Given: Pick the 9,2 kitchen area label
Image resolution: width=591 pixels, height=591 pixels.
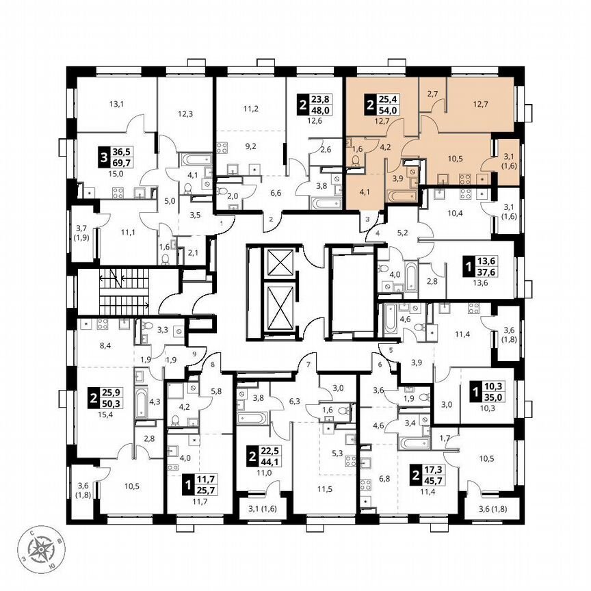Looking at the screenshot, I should pos(250,145).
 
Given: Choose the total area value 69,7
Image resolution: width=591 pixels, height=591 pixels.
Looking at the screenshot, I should pos(123,162).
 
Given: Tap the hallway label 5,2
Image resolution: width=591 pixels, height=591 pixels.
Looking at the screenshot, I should pos(403,233).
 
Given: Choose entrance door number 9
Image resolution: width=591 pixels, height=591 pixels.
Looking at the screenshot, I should pos(194,354).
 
